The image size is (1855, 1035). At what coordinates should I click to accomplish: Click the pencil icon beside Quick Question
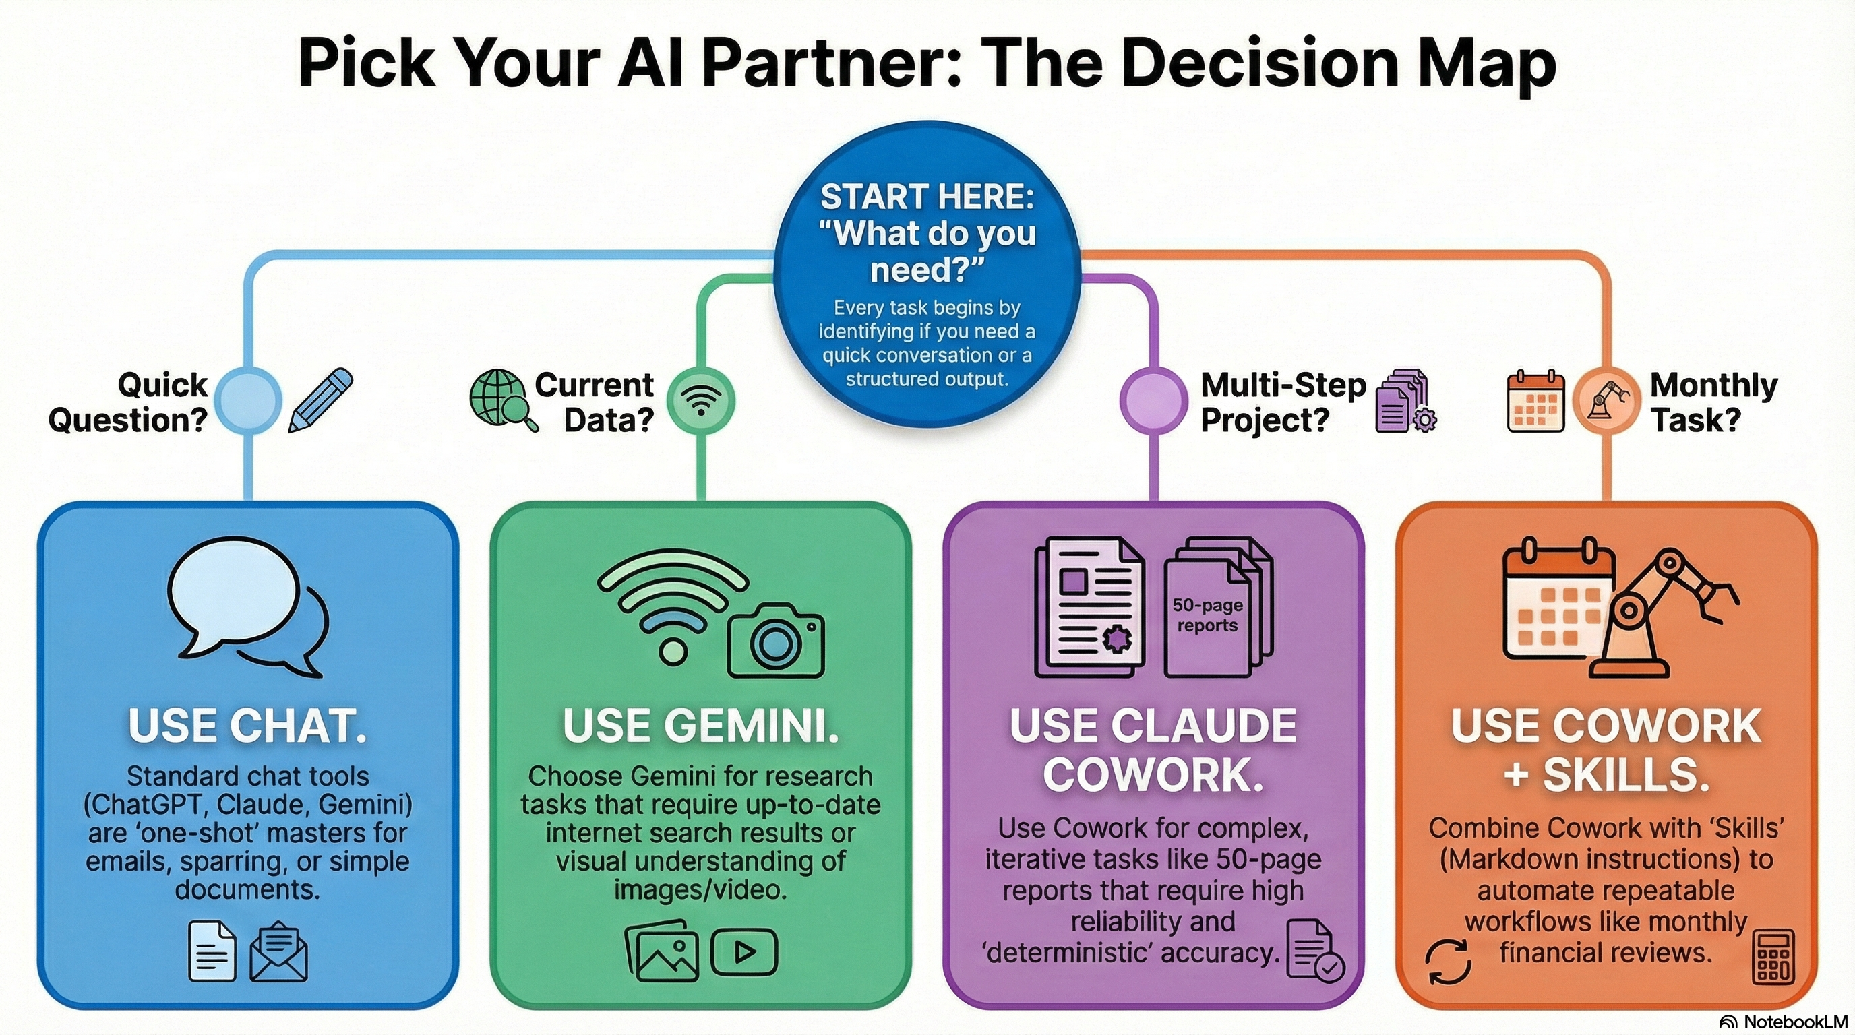coord(321,400)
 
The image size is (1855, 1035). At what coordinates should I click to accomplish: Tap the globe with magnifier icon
coord(502,400)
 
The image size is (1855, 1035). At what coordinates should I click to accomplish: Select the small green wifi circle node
coord(700,400)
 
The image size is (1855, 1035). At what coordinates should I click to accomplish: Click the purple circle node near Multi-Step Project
coord(1153,400)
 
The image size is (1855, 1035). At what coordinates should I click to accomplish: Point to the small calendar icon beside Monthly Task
coord(1535,402)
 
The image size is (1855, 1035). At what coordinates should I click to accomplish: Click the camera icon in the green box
coord(776,641)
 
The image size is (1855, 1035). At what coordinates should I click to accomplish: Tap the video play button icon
coord(744,952)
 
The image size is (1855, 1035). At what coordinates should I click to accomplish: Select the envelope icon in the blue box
coord(278,952)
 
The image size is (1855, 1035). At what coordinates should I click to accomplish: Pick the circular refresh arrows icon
coord(1448,961)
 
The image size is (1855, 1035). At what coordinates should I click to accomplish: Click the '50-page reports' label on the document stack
coord(1208,615)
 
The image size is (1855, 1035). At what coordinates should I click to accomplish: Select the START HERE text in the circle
coord(927,197)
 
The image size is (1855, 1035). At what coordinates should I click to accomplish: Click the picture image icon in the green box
coord(661,952)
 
